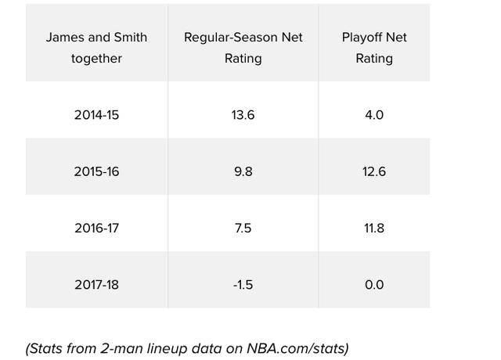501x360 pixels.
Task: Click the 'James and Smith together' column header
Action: [x=96, y=48]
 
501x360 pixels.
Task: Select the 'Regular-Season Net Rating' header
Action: [x=243, y=48]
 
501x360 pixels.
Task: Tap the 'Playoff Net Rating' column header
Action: [x=374, y=48]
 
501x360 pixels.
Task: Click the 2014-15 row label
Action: [x=96, y=115]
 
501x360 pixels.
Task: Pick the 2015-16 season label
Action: [x=96, y=171]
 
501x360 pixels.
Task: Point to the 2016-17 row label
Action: [x=96, y=228]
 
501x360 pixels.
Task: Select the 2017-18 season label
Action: [x=96, y=285]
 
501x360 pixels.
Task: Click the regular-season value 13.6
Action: [x=243, y=115]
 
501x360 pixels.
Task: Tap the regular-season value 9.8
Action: [x=243, y=171]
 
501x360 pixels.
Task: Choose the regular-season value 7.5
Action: [x=243, y=228]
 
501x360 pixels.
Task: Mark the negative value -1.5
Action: [x=243, y=285]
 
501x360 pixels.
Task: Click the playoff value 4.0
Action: [x=374, y=115]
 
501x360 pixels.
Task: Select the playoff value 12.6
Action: [x=374, y=171]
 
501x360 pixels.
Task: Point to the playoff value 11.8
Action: [x=374, y=228]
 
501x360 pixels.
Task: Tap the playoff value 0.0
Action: [x=374, y=285]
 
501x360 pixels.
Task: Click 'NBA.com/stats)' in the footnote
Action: [x=297, y=348]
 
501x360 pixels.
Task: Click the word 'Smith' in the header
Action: [x=131, y=38]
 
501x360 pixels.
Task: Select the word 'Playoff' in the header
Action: [x=361, y=38]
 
